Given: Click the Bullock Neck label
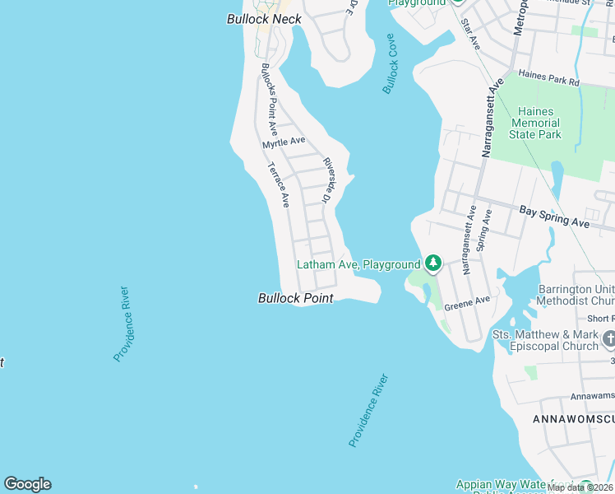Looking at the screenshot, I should (x=264, y=18).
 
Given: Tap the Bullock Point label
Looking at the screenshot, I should (x=296, y=298).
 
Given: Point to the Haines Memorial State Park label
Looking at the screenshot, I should (x=535, y=123).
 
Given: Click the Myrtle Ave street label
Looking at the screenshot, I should (x=284, y=142).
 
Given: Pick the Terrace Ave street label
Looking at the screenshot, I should (x=278, y=184).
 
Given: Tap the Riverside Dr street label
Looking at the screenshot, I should (x=326, y=180).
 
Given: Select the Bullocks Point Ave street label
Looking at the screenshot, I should (x=268, y=100).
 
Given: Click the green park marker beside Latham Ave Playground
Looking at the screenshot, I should (x=433, y=264).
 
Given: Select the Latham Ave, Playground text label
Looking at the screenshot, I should (x=358, y=264).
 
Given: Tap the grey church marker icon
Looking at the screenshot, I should (x=608, y=338).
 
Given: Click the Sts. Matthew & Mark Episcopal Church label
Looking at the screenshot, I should (x=545, y=340).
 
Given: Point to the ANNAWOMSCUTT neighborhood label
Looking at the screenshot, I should (x=573, y=420).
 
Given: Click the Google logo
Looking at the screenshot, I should (x=27, y=484).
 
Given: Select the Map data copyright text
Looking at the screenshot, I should (x=580, y=487).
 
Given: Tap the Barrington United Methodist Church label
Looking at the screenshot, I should (x=576, y=296).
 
